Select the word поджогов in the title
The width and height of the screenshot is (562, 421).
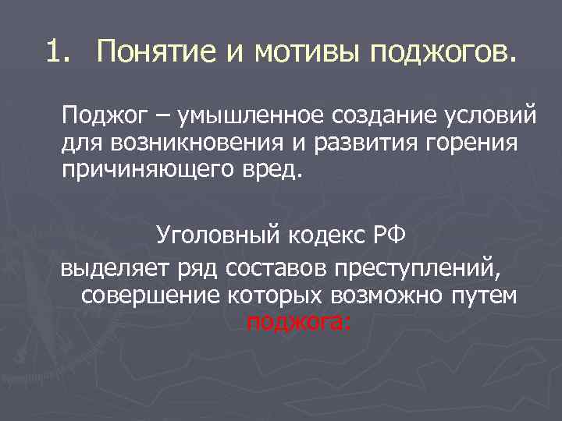pyautogui.click(x=442, y=52)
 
